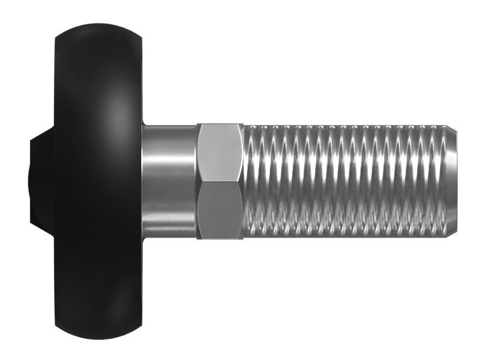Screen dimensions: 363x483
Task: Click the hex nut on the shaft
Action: point(220,181)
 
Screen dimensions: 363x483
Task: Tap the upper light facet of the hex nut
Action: point(220,154)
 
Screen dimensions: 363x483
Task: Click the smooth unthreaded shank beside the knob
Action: point(169,181)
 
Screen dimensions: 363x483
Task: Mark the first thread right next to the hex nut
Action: point(251,181)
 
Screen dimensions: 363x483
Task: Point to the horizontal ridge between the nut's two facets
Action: point(220,183)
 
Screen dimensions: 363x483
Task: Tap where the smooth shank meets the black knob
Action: point(143,181)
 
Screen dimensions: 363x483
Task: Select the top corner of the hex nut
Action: point(220,124)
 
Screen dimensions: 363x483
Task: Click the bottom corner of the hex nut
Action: point(220,240)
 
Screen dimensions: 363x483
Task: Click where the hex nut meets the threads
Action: point(243,181)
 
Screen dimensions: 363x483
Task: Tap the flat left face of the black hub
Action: point(30,181)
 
